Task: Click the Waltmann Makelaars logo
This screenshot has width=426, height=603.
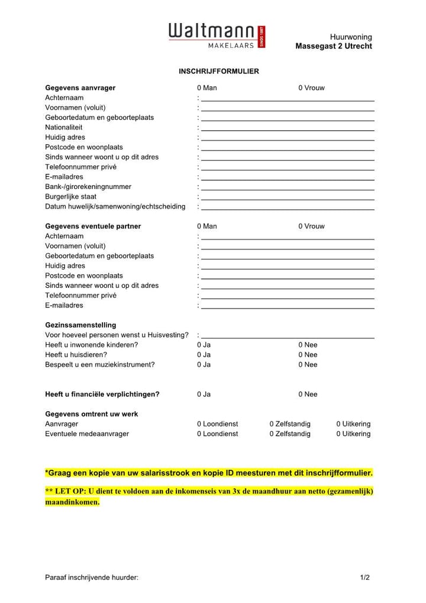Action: [x=217, y=36]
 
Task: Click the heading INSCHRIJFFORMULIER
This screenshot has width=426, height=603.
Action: [x=219, y=71]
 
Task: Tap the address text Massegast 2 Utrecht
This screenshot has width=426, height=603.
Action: [x=334, y=46]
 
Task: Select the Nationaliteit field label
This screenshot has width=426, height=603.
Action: [x=64, y=127]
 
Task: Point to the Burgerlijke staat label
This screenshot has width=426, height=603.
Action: [x=70, y=197]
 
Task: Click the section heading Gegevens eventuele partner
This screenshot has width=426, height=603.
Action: [x=93, y=226]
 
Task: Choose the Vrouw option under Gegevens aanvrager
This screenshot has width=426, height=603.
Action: [x=311, y=88]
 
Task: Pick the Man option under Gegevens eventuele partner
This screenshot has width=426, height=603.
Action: [x=206, y=226]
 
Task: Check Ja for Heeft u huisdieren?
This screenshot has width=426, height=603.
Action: [x=204, y=355]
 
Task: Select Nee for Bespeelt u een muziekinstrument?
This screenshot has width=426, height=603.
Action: [x=308, y=365]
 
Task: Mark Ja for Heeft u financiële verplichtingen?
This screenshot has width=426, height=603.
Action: [x=204, y=394]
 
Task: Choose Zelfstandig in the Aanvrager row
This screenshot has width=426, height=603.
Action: [x=290, y=424]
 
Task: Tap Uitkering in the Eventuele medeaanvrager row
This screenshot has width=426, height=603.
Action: [x=353, y=434]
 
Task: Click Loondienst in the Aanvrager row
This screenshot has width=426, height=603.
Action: [x=217, y=424]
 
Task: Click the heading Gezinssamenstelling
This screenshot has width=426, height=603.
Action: [x=80, y=325]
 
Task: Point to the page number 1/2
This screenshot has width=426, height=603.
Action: [x=364, y=578]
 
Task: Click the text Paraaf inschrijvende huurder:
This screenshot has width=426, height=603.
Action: [x=92, y=578]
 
